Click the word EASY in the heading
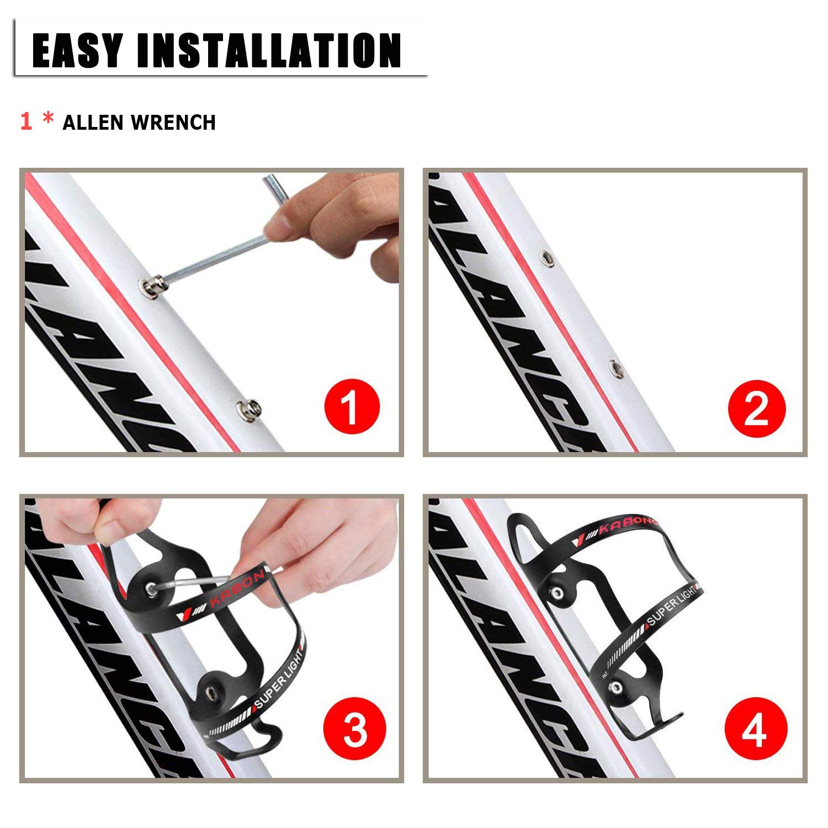[77, 50]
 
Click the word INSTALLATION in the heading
[269, 50]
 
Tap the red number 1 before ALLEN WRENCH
[26, 121]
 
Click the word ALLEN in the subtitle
[92, 123]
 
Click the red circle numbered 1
[352, 406]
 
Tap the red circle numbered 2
[756, 408]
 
